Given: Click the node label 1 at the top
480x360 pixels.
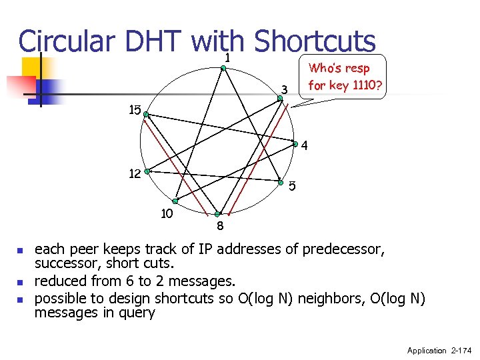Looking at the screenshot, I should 227,59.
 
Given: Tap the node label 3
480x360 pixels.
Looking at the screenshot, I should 283,89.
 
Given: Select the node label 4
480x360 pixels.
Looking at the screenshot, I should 304,146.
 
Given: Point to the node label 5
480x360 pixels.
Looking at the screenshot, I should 292,185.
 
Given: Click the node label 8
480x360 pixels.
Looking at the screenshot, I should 219,226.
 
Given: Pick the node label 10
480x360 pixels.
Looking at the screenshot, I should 167,213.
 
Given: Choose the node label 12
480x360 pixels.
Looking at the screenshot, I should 135,174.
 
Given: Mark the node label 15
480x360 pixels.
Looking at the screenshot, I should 135,110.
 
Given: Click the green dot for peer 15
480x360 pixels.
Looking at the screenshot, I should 147,115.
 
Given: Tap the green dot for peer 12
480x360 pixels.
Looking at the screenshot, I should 148,171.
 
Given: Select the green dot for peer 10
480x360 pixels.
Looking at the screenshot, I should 175,201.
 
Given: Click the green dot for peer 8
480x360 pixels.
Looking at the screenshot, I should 217,214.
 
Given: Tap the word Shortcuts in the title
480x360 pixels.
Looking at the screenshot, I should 316,41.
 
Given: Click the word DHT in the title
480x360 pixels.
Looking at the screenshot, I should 151,41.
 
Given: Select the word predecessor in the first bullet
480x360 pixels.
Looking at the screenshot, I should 343,250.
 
